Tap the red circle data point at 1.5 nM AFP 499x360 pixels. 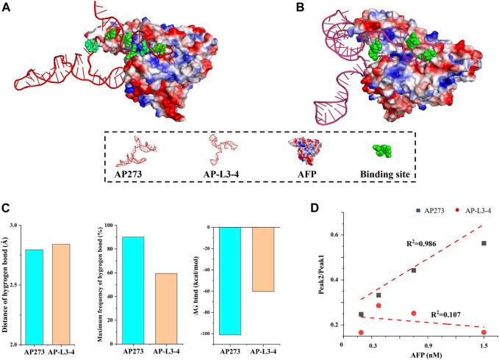(x=484, y=333)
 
